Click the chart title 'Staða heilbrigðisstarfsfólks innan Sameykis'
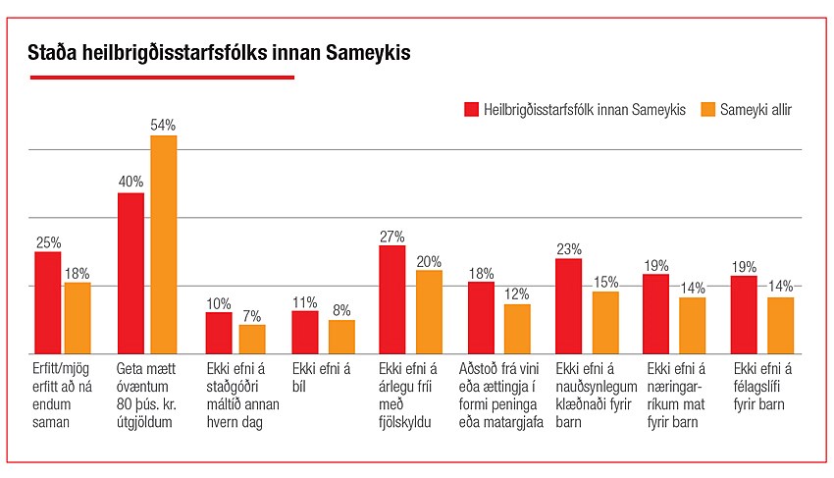(x=219, y=53)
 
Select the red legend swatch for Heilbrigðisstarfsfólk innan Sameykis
(x=470, y=109)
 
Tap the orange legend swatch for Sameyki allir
(x=707, y=109)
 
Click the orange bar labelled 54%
(x=163, y=244)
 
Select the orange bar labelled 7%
(x=252, y=339)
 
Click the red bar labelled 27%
(x=392, y=299)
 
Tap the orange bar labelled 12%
(x=517, y=329)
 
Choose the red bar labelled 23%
(x=568, y=305)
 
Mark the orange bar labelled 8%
(x=341, y=337)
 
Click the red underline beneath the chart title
(x=161, y=77)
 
